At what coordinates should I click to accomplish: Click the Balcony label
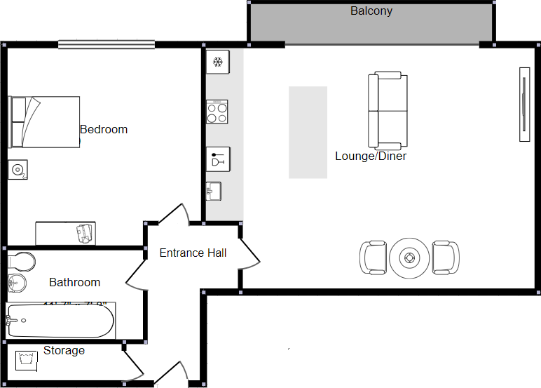(x=371, y=11)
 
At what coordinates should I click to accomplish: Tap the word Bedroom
(x=104, y=130)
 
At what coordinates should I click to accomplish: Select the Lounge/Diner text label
(x=371, y=156)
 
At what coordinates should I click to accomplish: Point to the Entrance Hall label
(x=193, y=253)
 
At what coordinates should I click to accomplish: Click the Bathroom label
(x=74, y=283)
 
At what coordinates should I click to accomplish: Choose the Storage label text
(x=64, y=350)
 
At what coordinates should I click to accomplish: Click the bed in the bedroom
(x=44, y=121)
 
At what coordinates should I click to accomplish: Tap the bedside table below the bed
(x=18, y=169)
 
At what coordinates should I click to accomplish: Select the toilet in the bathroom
(x=20, y=262)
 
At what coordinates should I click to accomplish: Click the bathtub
(x=60, y=322)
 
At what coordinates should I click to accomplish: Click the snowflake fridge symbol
(x=217, y=62)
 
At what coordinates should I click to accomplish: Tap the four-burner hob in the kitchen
(x=217, y=112)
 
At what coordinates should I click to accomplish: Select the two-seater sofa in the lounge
(x=388, y=109)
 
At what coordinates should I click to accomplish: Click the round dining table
(x=409, y=258)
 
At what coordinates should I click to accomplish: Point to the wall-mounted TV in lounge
(x=523, y=105)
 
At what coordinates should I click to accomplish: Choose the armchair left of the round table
(x=374, y=258)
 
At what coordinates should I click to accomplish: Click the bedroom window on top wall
(x=107, y=44)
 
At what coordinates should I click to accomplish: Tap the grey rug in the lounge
(x=308, y=132)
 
